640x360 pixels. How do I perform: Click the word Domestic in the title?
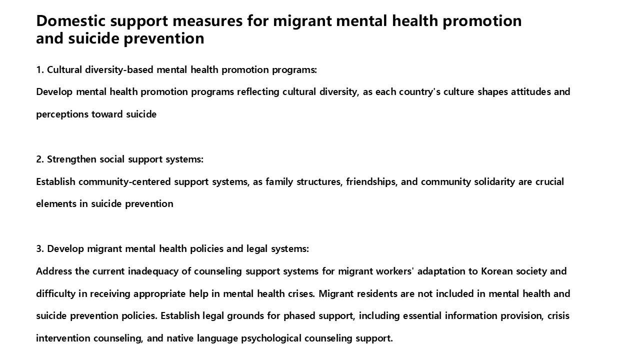71,21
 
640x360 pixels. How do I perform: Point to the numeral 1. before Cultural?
40,69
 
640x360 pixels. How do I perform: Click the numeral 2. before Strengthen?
40,159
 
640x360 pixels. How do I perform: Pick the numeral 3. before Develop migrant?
40,248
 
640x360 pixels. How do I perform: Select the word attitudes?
530,92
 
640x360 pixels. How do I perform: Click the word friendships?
371,181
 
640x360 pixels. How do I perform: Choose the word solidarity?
490,181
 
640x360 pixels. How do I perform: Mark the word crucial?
549,181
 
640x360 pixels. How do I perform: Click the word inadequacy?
153,271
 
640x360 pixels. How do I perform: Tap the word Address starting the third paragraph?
54,271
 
